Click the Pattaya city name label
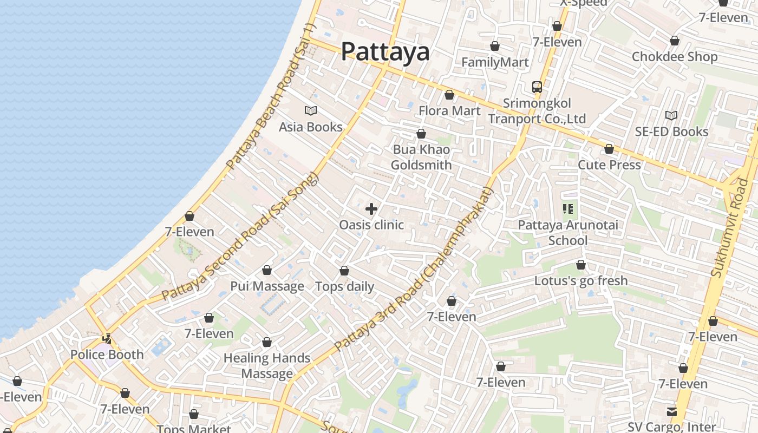point(385,52)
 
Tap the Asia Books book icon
point(311,111)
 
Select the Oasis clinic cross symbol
point(371,209)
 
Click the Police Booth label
point(107,355)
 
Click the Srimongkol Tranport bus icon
point(537,87)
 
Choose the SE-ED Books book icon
point(671,116)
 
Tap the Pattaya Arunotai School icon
point(568,209)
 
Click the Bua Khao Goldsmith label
point(421,157)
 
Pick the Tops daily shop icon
point(344,271)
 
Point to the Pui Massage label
point(267,286)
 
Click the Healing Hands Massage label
point(267,365)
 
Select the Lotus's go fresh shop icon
point(581,265)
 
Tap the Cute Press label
point(609,165)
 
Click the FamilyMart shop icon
point(495,47)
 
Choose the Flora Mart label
point(449,111)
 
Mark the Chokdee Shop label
point(675,57)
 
